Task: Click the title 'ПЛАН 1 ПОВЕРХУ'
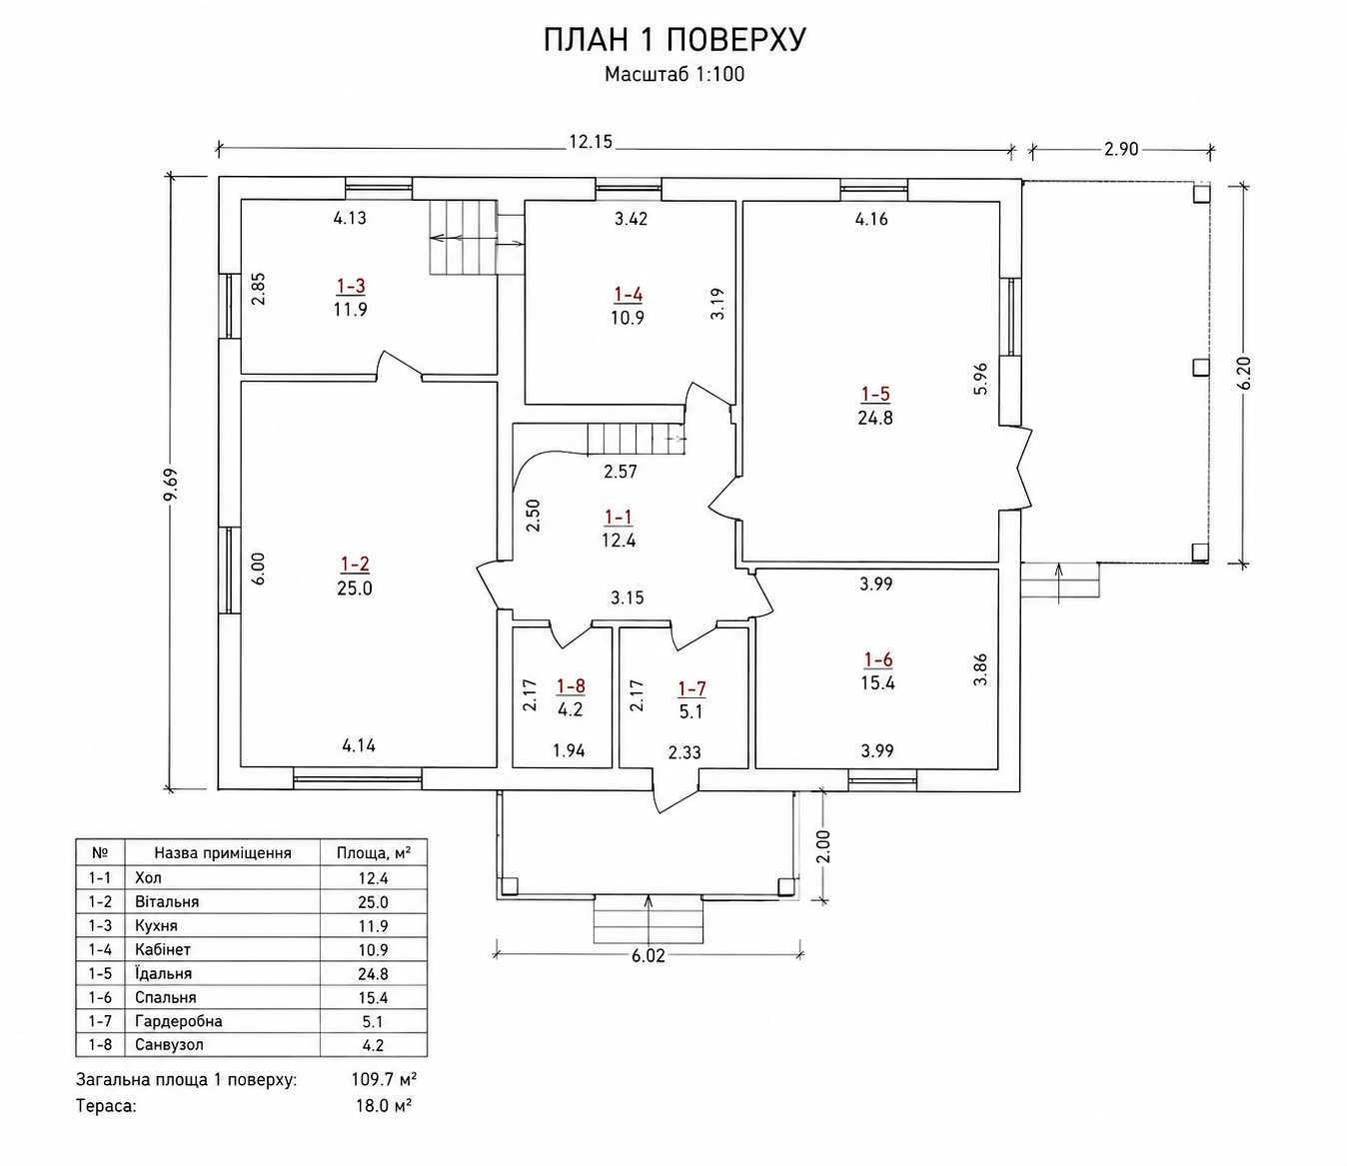pos(674,40)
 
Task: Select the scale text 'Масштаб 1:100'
pos(674,74)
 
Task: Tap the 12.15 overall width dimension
pos(592,142)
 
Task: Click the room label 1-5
pos(875,394)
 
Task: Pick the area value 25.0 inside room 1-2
pos(355,588)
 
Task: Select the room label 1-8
pos(571,685)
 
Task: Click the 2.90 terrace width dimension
pos(1121,149)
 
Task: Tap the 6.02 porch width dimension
pos(648,955)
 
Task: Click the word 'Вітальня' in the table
pos(167,902)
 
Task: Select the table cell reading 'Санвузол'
pos(170,1045)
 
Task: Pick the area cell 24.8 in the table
pos(374,974)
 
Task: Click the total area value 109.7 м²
pos(384,1079)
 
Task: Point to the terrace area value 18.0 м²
pos(384,1105)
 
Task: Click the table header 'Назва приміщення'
pos(223,852)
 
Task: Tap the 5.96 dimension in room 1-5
pos(980,379)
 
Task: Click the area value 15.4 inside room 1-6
pos(877,683)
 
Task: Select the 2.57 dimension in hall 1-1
pos(620,472)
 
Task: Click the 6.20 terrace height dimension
pos(1244,374)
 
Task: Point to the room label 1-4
pos(629,295)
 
